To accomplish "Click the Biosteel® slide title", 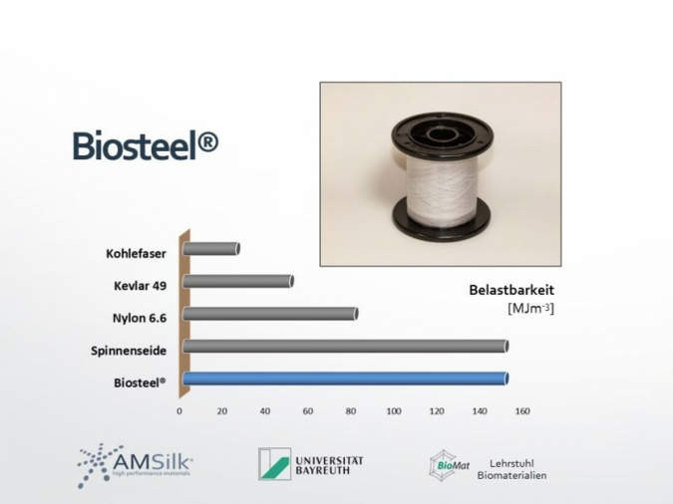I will pos(145,144).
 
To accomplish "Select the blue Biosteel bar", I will pos(345,378).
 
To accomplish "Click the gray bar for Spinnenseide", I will pos(345,346).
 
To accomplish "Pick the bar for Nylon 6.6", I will pos(269,314).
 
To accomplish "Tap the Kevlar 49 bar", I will pos(237,281).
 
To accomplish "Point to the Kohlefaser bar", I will pos(210,249).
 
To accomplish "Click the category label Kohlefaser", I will pos(136,253).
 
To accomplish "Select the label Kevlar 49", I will pos(140,286).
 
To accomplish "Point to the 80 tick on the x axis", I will pos(351,410).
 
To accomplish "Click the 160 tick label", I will pos(521,410).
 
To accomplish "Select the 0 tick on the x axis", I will pos(179,410).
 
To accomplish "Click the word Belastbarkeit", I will pos(510,290).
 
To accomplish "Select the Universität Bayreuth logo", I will pos(310,464).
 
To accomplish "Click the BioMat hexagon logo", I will pos(443,465).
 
